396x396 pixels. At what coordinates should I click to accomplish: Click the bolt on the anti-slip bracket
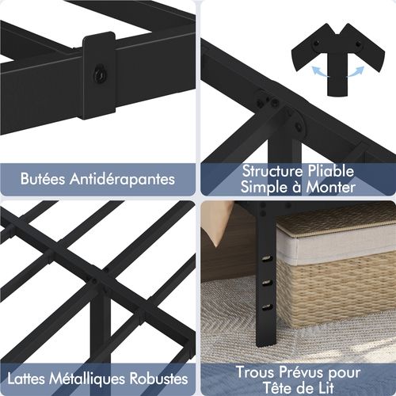pos(100,74)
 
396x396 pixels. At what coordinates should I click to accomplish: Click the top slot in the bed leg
pos(267,258)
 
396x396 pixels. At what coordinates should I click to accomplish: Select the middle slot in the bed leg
pos(267,283)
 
